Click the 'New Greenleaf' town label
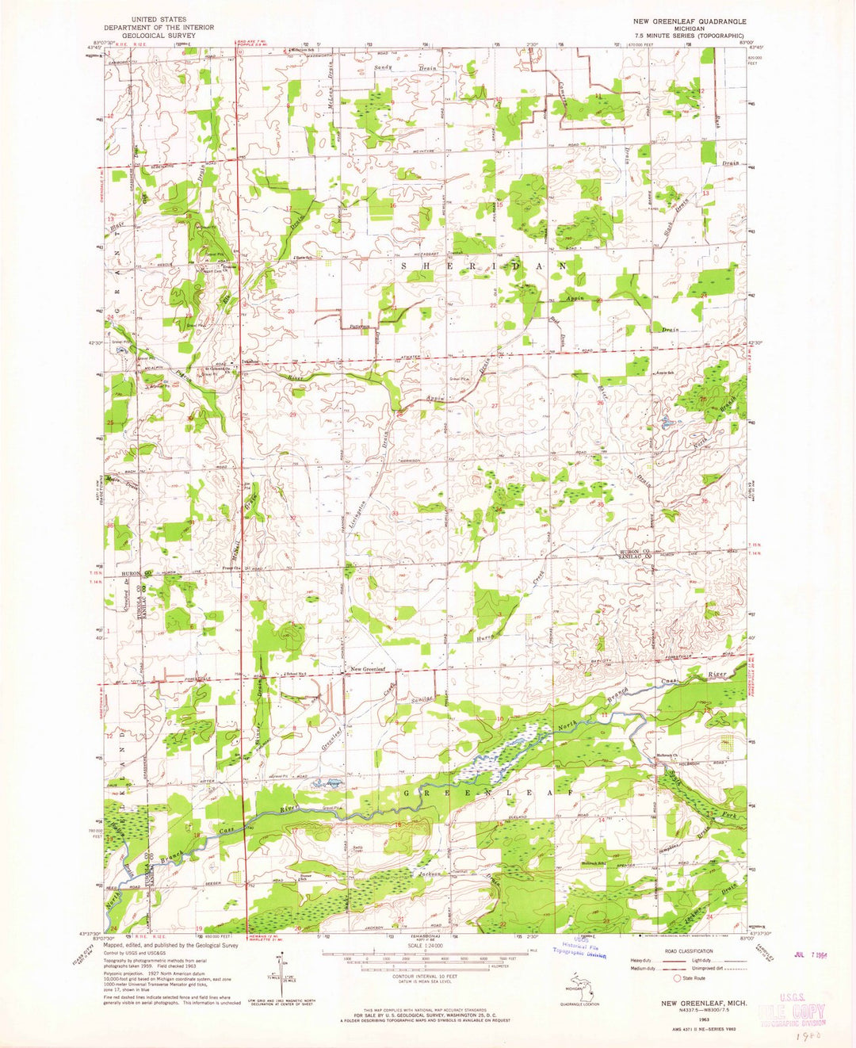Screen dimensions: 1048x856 click(369, 670)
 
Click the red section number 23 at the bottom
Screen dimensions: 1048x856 click(606, 920)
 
